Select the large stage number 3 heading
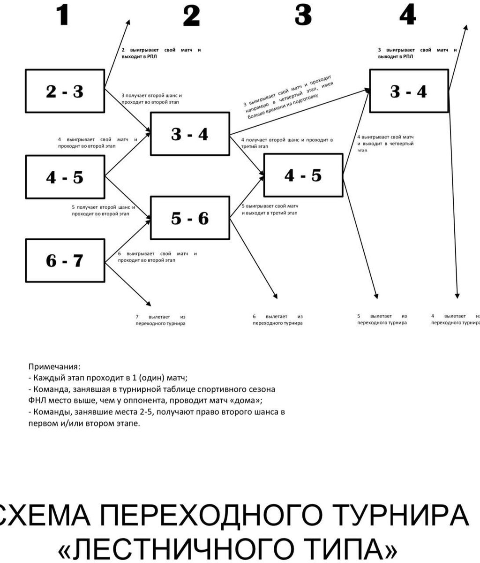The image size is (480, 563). click(x=303, y=15)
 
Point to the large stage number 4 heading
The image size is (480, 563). click(x=407, y=15)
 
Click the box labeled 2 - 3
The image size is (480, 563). click(x=65, y=91)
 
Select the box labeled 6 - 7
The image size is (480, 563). click(x=65, y=260)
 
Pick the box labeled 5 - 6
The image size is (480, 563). click(x=190, y=218)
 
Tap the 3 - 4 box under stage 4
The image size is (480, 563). click(x=409, y=91)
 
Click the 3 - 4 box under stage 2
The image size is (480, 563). click(x=190, y=134)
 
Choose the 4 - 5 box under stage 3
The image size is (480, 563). click(x=303, y=175)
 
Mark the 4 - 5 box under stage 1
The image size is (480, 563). click(x=65, y=177)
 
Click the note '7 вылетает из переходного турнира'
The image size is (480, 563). click(x=160, y=320)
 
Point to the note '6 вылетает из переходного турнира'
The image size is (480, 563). click(x=277, y=320)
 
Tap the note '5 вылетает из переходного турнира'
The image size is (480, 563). click(x=382, y=320)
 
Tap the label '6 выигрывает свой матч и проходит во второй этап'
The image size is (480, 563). click(x=157, y=257)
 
